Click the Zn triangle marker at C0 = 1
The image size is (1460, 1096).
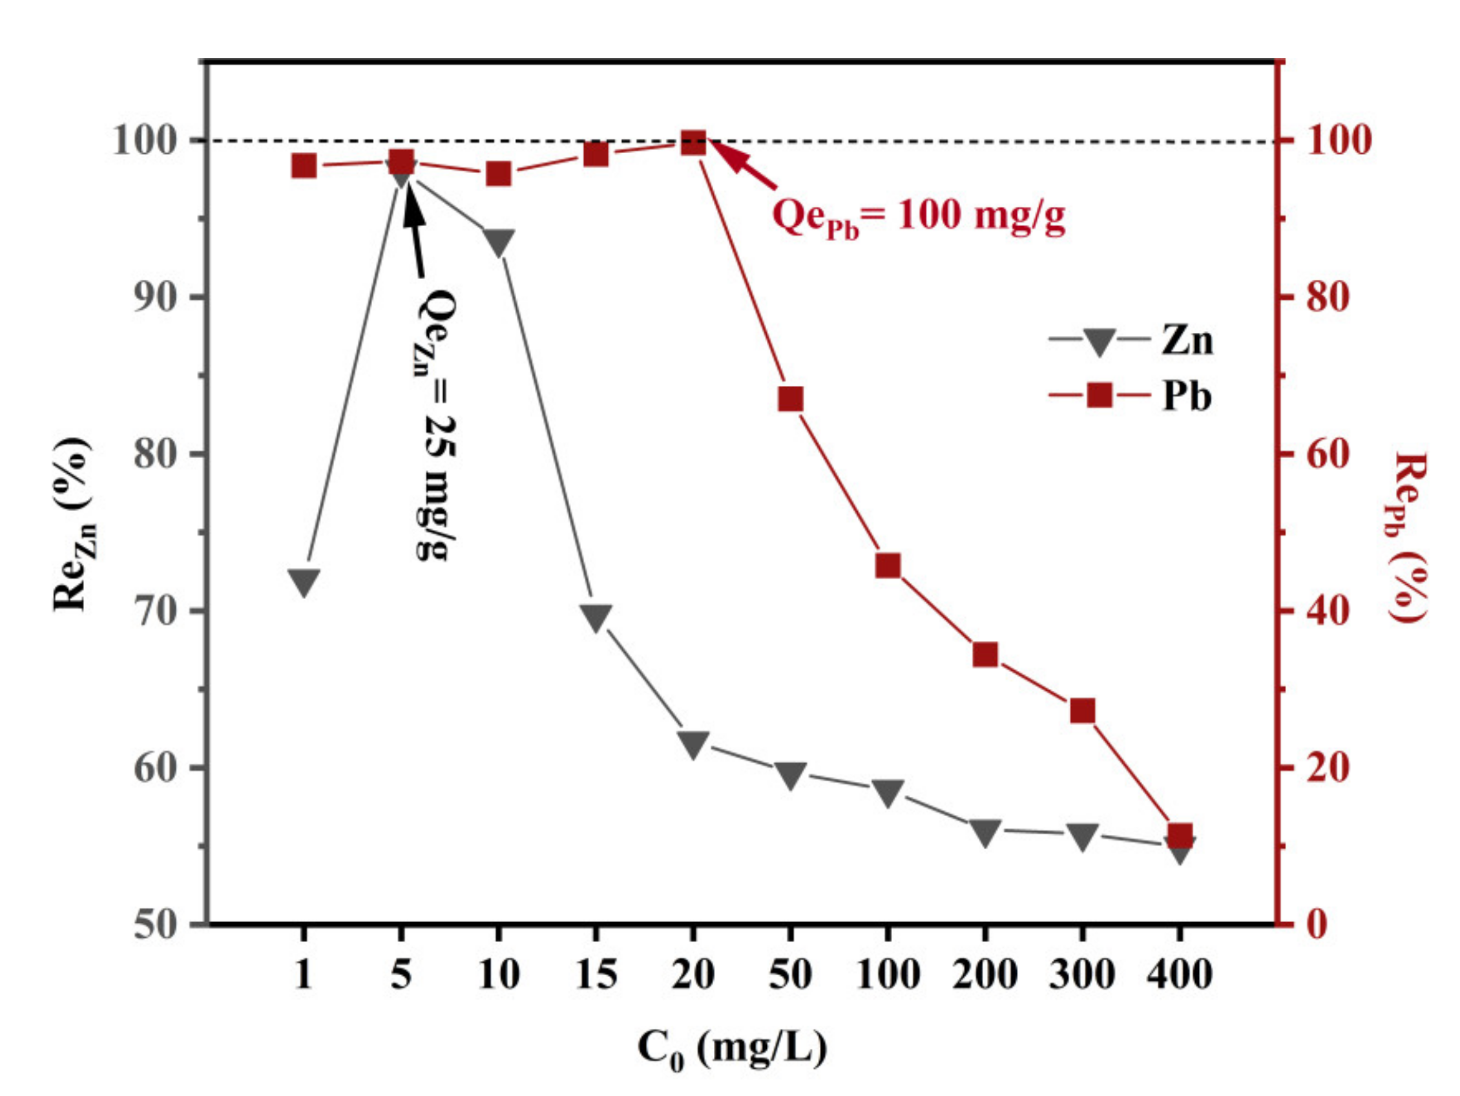(304, 582)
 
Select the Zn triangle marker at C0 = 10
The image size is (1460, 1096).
(498, 242)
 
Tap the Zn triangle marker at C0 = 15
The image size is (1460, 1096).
(596, 616)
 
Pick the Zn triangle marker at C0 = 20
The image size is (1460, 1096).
(693, 743)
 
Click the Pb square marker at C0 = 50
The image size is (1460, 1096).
(791, 399)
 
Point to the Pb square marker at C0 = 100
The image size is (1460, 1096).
(888, 566)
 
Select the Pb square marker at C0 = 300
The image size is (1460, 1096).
(1083, 711)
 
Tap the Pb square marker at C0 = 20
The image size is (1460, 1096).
(693, 142)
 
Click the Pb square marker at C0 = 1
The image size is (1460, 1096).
(304, 166)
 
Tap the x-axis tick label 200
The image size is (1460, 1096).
(985, 974)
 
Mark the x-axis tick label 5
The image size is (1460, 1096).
(401, 974)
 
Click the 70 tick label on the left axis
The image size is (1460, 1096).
(156, 611)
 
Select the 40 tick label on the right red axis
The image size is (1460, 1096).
(1327, 611)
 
